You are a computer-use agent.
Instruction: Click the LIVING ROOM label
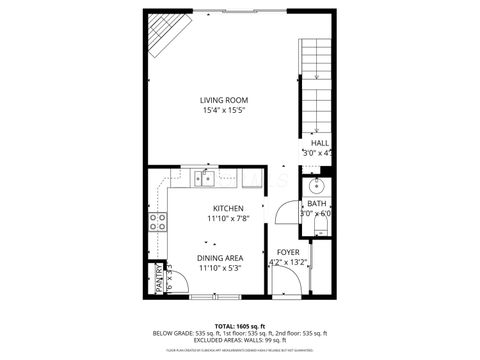tap(223, 100)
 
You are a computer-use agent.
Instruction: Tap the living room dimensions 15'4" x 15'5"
tap(223, 112)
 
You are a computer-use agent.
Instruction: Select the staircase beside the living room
tap(316, 85)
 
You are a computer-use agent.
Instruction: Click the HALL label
tap(319, 143)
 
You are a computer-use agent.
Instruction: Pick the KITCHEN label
tap(227, 208)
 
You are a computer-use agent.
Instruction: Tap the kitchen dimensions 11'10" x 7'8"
tap(227, 219)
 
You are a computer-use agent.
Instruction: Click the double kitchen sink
tap(205, 178)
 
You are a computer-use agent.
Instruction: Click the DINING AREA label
tap(220, 257)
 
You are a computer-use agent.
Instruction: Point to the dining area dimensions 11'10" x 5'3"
tap(220, 268)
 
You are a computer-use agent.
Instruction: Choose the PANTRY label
tap(158, 279)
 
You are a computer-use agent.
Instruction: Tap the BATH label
tap(317, 203)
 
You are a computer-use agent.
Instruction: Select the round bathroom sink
tap(317, 185)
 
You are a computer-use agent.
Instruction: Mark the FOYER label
tap(288, 252)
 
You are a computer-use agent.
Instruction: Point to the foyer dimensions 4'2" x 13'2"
tap(288, 263)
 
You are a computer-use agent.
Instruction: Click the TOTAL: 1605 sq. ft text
tap(240, 325)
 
